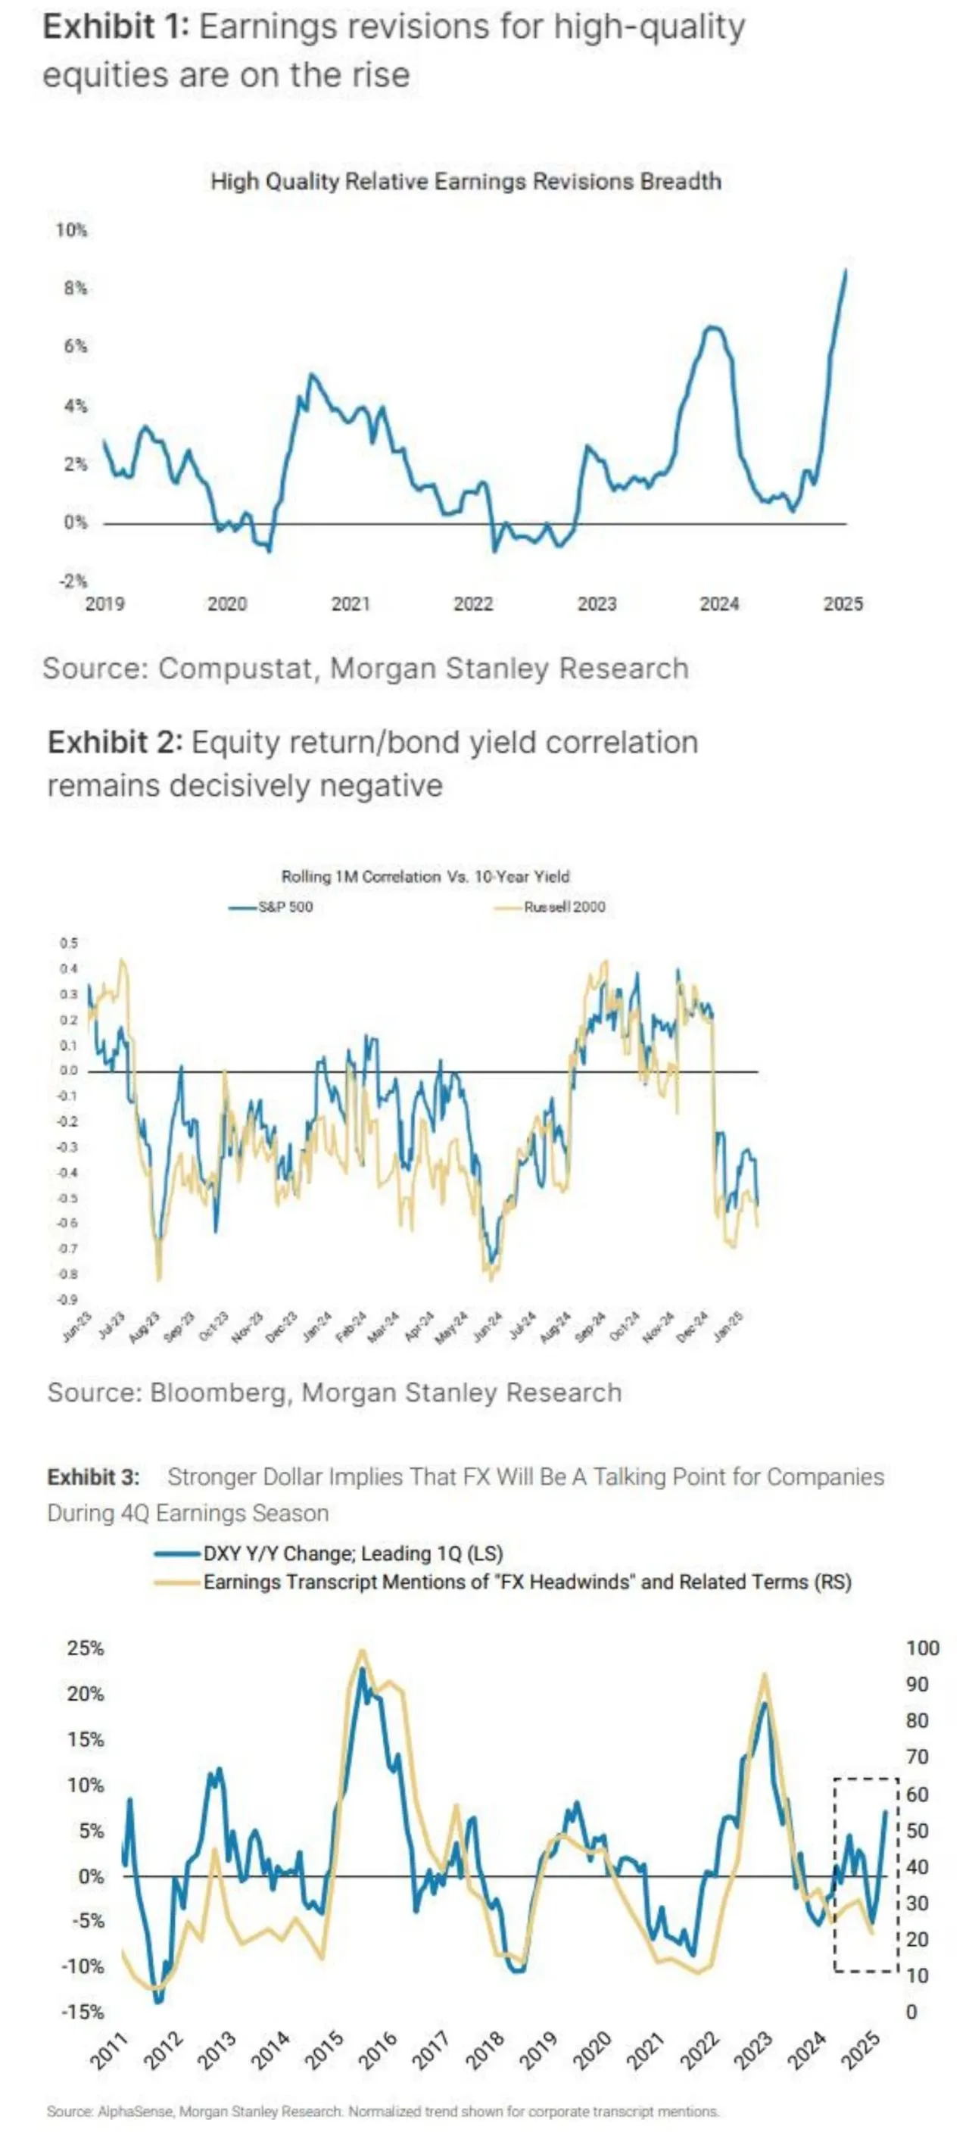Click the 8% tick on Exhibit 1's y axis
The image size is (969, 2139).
coord(75,288)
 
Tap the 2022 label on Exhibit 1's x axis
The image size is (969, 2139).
coord(473,603)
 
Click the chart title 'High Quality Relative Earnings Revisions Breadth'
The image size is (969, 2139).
coord(465,181)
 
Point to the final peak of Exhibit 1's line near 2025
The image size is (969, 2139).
coord(846,270)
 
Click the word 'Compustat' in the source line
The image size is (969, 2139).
coord(235,669)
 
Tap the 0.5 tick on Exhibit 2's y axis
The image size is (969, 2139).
coord(69,943)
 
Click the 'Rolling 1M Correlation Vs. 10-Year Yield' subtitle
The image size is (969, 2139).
coord(425,876)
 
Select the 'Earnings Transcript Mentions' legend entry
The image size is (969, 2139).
coord(526,1582)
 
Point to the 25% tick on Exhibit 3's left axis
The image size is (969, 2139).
coord(86,1648)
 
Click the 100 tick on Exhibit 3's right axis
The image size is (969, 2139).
coord(921,1648)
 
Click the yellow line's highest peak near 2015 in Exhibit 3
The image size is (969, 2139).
coord(361,1651)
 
